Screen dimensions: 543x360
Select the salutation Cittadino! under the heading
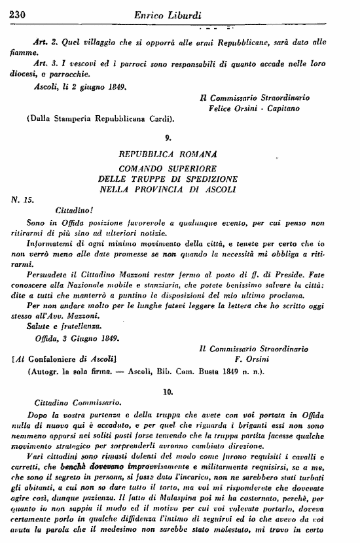[56, 211]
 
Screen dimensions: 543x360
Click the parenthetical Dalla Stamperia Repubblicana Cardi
[100, 119]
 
